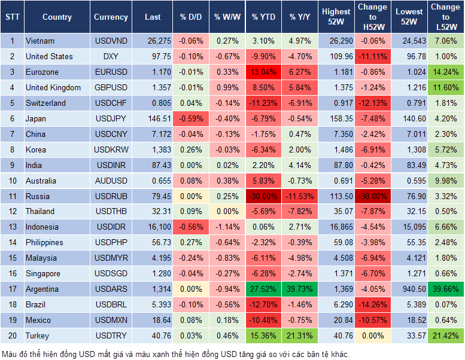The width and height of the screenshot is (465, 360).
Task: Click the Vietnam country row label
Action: (40, 41)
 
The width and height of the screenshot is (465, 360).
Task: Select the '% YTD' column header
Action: (263, 17)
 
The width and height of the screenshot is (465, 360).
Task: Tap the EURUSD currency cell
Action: (111, 72)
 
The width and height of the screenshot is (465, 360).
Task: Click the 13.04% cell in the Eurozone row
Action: (263, 72)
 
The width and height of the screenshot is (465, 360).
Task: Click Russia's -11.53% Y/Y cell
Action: (300, 196)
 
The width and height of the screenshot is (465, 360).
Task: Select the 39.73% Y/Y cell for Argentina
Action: (300, 289)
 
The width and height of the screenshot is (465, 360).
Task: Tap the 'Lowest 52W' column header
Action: (411, 17)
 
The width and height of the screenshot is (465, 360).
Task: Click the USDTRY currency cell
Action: (111, 335)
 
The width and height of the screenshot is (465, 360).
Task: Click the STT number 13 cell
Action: (11, 227)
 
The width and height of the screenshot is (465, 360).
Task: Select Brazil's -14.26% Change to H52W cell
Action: (372, 304)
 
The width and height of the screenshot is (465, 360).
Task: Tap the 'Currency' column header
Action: (111, 17)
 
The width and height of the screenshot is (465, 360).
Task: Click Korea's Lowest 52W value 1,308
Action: (411, 150)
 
